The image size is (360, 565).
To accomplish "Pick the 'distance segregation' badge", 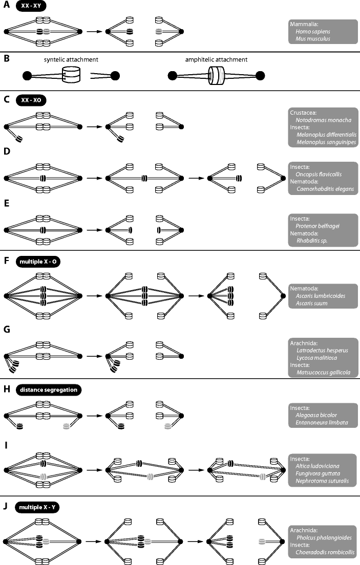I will coord(49,389).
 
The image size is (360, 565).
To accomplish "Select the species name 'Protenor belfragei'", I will coord(318,229).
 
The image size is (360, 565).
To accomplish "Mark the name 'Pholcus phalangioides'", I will coord(323,545).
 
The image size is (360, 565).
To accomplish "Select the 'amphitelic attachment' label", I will coord(217,59).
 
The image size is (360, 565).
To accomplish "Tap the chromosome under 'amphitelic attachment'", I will coord(215,76).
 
